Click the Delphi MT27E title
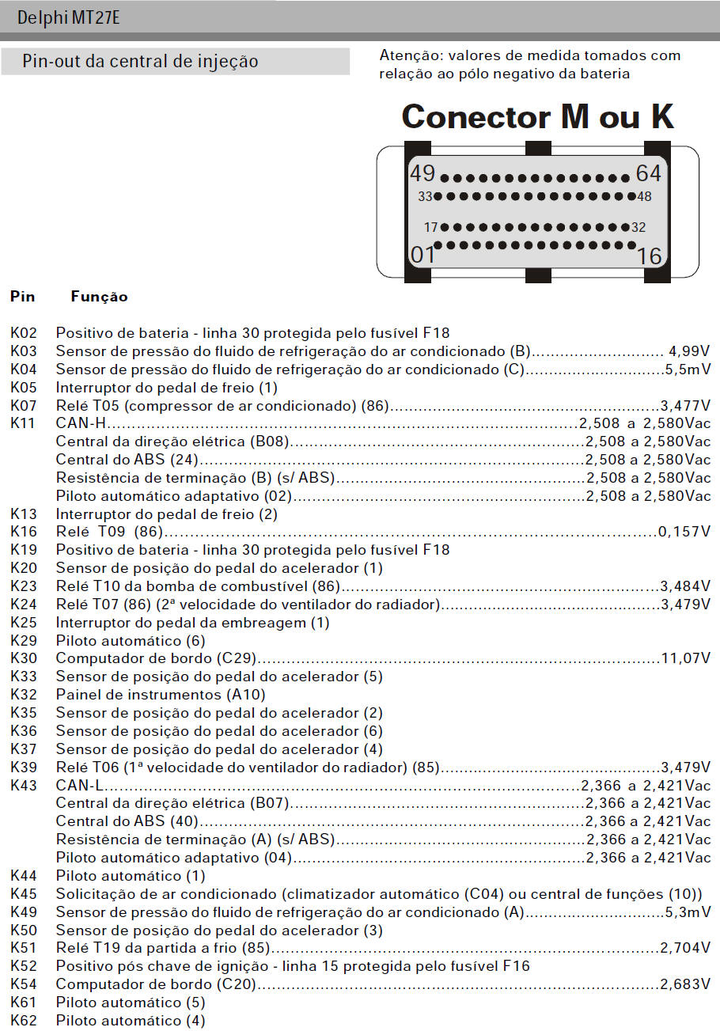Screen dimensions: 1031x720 point(69,17)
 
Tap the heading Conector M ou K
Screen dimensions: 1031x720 point(537,116)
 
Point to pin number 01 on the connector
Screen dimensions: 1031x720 point(423,255)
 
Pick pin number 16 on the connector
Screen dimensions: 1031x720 point(649,255)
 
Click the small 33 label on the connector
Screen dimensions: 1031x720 point(426,196)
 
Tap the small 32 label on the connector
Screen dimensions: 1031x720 point(639,227)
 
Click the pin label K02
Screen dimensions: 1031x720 point(23,333)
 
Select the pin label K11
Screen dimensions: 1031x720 point(23,423)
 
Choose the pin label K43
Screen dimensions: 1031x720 point(23,786)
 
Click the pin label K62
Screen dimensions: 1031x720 point(23,1021)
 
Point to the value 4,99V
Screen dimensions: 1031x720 point(689,351)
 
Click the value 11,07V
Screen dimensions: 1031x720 point(685,658)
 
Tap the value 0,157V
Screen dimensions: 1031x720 point(684,532)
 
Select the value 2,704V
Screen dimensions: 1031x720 point(685,948)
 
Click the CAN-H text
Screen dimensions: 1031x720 point(81,423)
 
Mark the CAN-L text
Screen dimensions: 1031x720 point(80,786)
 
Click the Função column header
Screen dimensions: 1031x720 point(99,298)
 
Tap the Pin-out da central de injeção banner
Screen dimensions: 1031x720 point(140,62)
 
